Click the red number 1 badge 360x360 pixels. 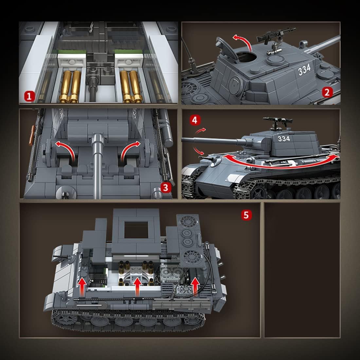[x=29, y=96]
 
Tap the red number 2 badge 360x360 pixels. [x=327, y=92]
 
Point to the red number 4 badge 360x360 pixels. [x=195, y=120]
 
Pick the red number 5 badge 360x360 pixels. [x=246, y=215]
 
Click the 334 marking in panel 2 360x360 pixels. [x=305, y=70]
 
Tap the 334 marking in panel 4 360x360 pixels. [x=284, y=139]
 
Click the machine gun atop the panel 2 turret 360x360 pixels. [x=276, y=37]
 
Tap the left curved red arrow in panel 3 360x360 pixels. [x=65, y=151]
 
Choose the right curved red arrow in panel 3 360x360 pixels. [x=130, y=151]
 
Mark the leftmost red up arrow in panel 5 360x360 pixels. [x=82, y=287]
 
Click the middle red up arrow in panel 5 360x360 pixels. [x=137, y=287]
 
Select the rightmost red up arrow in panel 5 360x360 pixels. [x=195, y=287]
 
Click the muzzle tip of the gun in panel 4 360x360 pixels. [x=182, y=140]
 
